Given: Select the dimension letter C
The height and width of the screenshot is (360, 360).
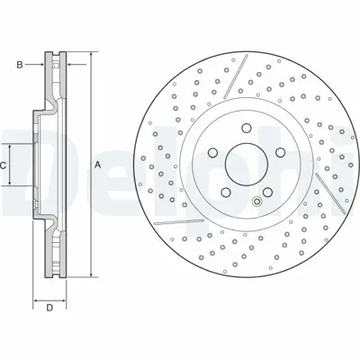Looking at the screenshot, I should (4, 166).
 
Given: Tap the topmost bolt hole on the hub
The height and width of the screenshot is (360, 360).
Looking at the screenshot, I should (242, 128).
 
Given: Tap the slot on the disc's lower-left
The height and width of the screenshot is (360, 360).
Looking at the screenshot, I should (170, 220).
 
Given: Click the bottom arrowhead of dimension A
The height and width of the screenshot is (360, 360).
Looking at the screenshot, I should (90, 274).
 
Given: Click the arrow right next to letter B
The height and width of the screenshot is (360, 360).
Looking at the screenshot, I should (40, 64).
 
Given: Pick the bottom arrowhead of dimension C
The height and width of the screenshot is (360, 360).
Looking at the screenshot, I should (12, 184).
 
